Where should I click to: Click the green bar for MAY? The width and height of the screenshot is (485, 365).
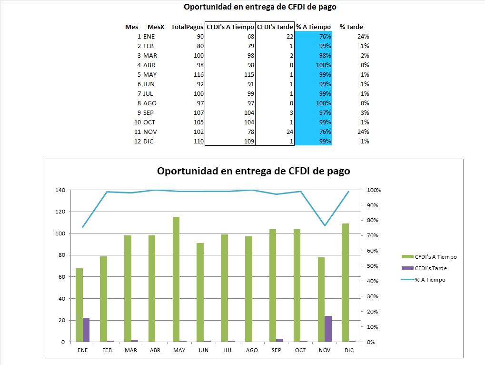pos(176,279)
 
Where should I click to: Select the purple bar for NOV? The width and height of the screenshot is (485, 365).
pos(328,329)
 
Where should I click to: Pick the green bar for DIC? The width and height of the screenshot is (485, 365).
pos(346,283)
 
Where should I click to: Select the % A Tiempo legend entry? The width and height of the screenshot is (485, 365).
pos(430,280)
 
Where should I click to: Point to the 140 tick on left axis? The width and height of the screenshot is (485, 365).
pos(60,190)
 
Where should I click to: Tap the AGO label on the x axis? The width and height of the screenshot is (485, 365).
pos(252,350)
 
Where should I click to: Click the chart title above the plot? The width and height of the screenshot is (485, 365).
pos(253,171)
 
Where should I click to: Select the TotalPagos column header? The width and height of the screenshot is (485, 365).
pos(188,27)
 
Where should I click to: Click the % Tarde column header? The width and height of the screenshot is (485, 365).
pos(351,27)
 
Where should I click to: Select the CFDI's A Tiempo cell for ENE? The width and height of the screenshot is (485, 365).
pos(247,37)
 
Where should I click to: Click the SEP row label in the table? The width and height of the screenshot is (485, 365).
pos(148,113)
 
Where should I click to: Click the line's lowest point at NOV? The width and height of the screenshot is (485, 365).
pos(325,225)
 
